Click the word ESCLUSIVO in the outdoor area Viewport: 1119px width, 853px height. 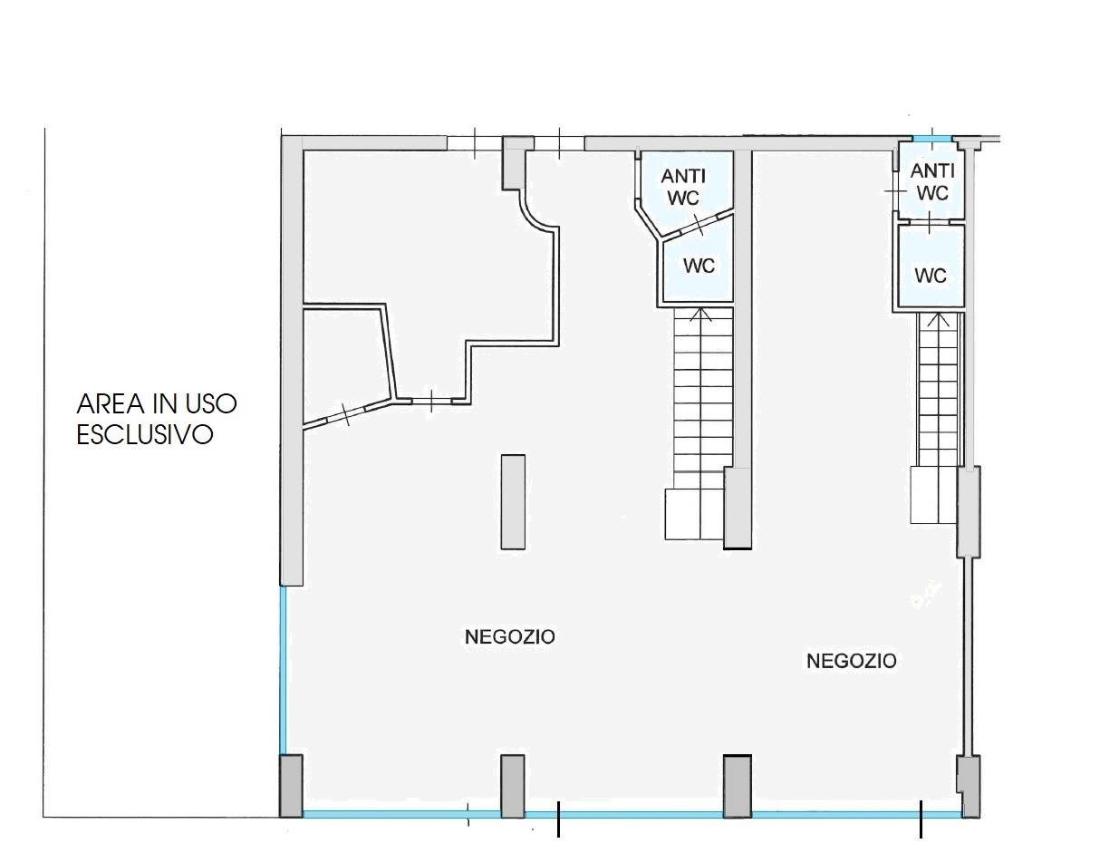(145, 435)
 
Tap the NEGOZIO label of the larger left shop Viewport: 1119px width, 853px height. (510, 637)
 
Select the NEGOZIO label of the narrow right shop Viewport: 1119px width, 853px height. (852, 662)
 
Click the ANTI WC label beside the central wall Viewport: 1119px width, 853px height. (683, 187)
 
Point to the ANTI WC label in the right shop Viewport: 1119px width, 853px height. (932, 182)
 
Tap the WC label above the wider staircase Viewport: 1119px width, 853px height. (699, 266)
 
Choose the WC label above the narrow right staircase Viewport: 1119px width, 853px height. (931, 276)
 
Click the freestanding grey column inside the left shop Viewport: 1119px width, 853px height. (513, 501)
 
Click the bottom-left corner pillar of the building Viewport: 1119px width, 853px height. (291, 786)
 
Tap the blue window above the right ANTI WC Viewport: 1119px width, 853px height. (932, 138)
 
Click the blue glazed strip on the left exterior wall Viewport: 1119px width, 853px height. (283, 670)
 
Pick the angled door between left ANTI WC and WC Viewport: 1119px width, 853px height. (699, 225)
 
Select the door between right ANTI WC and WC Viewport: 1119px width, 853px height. (931, 222)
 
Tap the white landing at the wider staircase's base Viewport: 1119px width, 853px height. (694, 515)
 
